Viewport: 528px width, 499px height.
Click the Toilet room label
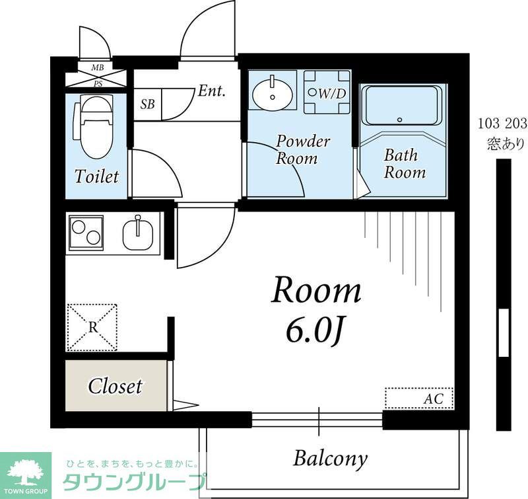(96, 176)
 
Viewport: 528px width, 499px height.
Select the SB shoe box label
(148, 105)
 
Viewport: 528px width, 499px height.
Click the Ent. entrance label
(212, 91)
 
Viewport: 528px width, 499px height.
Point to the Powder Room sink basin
(273, 93)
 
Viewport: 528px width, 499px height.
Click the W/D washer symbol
(327, 94)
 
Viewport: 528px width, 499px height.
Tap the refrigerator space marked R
(92, 327)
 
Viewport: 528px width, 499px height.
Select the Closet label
(115, 385)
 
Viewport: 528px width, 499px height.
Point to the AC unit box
(419, 399)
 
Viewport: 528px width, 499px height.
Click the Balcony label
(330, 458)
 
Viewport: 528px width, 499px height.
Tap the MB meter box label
(96, 67)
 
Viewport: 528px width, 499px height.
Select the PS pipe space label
(96, 83)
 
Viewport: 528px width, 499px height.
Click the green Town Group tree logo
(26, 471)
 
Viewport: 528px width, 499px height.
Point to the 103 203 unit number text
(502, 124)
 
